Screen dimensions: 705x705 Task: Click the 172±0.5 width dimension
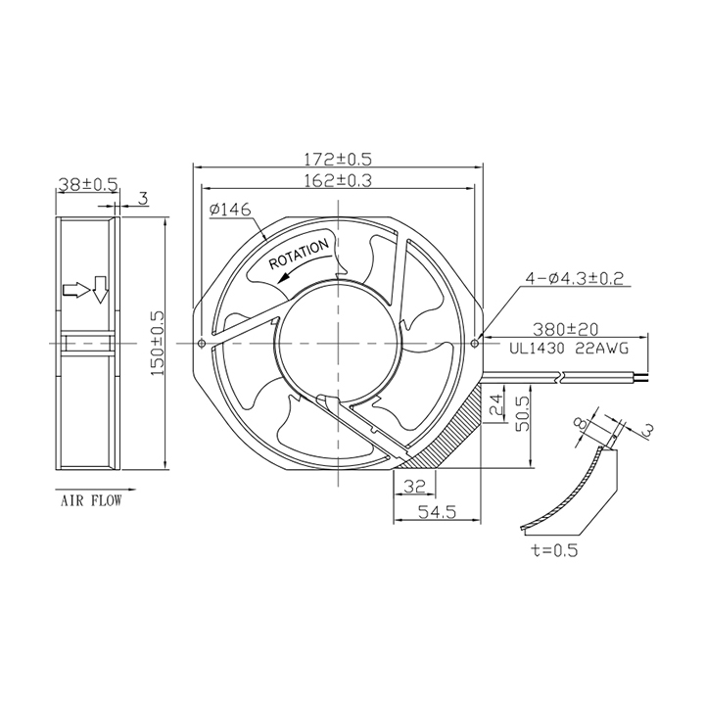tap(338, 160)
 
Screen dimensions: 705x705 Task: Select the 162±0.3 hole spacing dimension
tap(338, 180)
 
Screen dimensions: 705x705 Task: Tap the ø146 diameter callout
tap(230, 210)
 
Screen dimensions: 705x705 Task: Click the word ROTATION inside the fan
tap(299, 254)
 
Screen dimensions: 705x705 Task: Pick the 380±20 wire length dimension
tap(565, 330)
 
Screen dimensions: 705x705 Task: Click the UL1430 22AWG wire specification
tap(569, 349)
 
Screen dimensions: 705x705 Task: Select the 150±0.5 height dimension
tap(159, 344)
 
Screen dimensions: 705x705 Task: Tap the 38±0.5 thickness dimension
tap(88, 184)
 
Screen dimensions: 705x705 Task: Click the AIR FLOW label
tap(91, 501)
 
